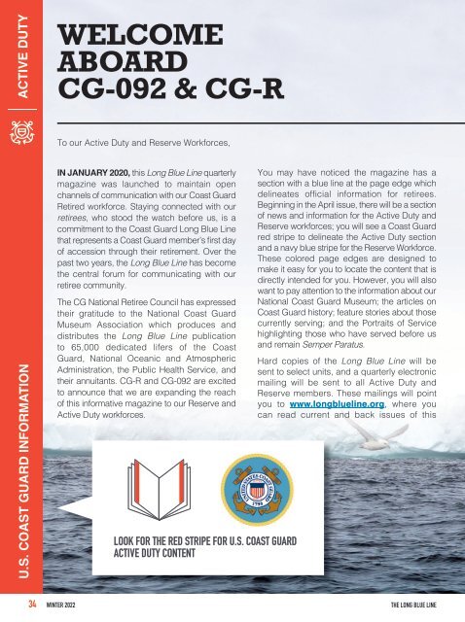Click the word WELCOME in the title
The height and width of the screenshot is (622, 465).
(141, 37)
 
